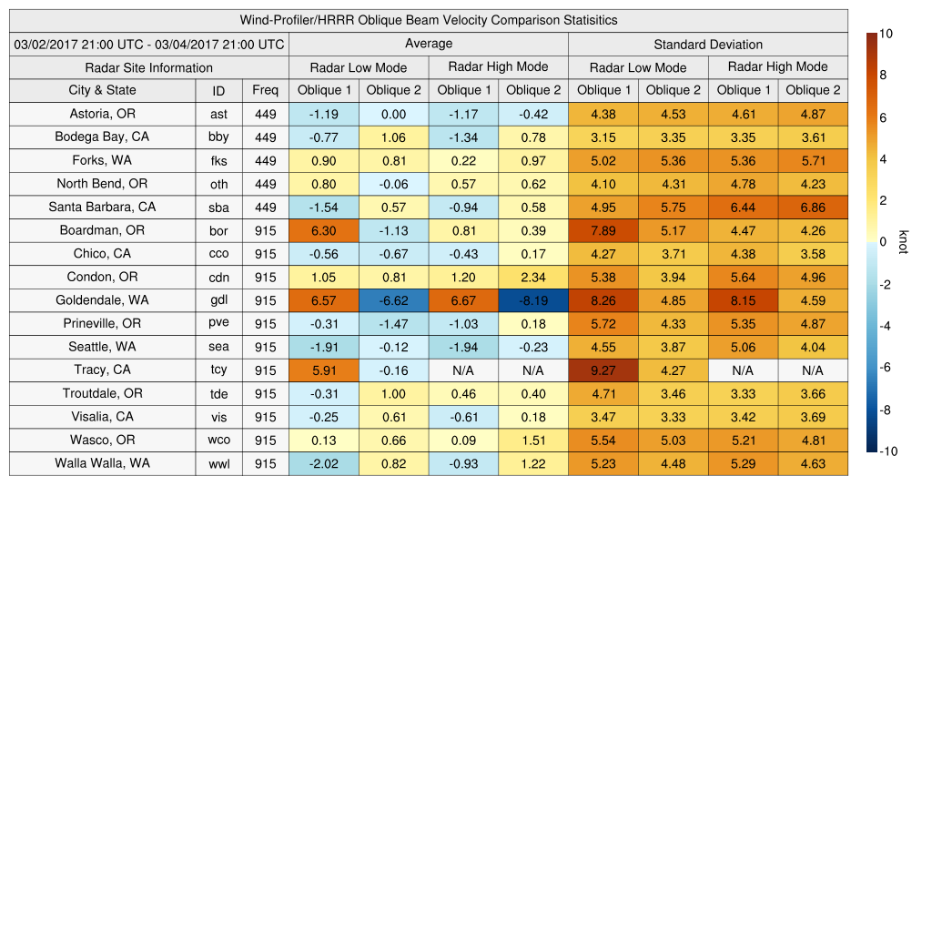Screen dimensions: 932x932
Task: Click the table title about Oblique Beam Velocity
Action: pos(429,20)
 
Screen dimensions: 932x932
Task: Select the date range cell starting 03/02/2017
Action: pos(149,44)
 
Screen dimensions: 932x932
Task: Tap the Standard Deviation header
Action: pos(708,44)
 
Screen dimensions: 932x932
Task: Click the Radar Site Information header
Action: pos(149,67)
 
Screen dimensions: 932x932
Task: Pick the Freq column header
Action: pos(266,90)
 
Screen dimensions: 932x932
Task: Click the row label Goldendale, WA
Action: pos(102,299)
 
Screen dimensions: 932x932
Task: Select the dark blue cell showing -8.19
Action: pos(532,300)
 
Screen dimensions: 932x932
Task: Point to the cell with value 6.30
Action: pos(323,230)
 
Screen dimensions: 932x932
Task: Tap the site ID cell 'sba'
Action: pos(218,208)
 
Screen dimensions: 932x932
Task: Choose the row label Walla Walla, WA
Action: pos(102,463)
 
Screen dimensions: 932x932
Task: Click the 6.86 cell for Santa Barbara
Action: pos(813,207)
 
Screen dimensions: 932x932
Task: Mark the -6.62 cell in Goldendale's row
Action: pos(393,300)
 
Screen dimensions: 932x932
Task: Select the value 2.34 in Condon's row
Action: pos(532,277)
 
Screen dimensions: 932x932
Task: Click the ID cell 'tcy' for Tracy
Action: pos(218,370)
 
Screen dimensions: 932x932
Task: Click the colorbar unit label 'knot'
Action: pos(904,242)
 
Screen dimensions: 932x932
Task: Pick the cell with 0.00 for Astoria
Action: pos(393,114)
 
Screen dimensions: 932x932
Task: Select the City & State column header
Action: pos(102,90)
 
